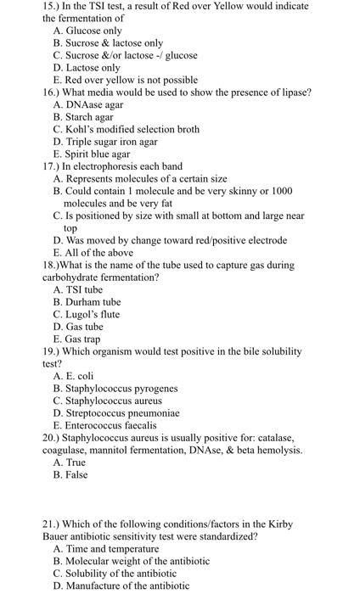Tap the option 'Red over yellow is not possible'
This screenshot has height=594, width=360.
click(x=125, y=80)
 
